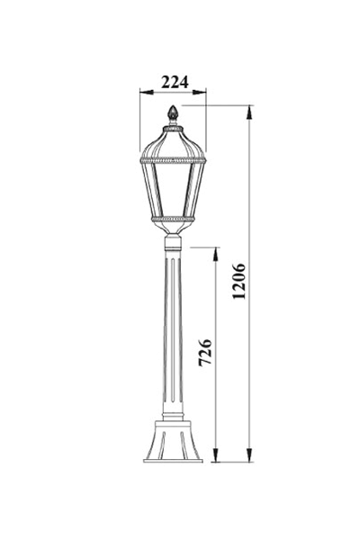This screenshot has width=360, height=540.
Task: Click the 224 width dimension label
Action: (x=175, y=82)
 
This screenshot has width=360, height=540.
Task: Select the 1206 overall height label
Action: (x=238, y=281)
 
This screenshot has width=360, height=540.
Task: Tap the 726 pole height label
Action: (x=205, y=352)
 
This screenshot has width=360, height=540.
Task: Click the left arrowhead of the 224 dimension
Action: (x=147, y=92)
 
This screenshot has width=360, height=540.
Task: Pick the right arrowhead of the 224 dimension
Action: (x=200, y=92)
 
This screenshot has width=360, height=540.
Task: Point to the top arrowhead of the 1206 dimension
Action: (x=249, y=112)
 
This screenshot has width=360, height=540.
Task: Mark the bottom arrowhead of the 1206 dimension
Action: (x=249, y=454)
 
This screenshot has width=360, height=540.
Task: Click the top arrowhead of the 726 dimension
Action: (x=216, y=254)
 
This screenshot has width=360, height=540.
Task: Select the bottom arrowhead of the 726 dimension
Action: (x=216, y=454)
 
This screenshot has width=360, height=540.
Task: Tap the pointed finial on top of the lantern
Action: (x=173, y=113)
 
